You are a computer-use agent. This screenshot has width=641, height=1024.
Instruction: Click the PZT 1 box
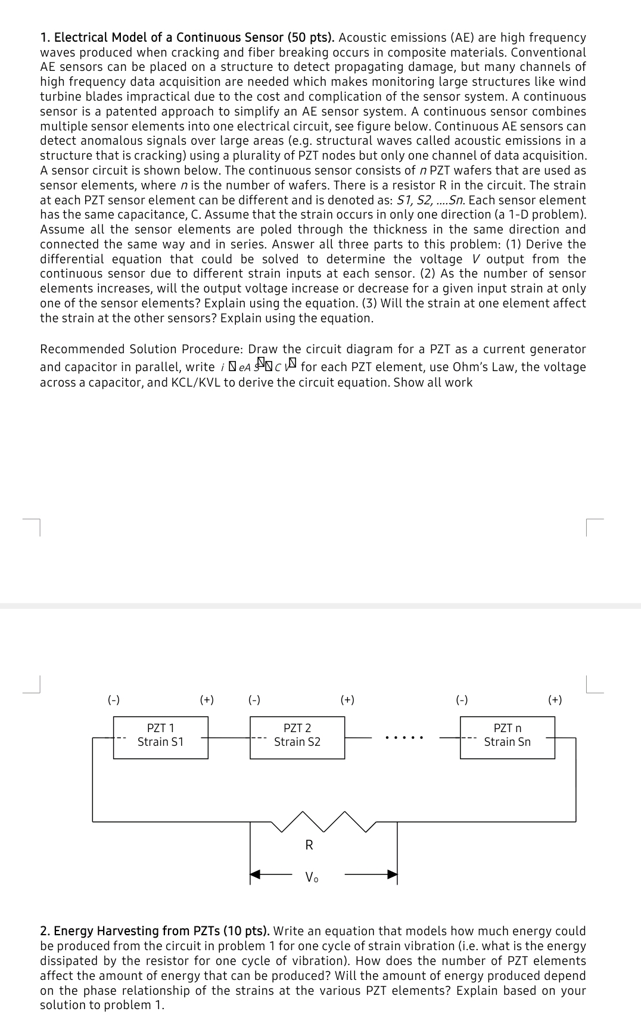[161, 737]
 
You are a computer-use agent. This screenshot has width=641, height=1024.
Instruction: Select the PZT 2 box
[297, 737]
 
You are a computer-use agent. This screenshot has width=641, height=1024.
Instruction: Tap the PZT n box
[507, 737]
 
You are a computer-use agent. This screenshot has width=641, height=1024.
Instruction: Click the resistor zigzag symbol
[324, 821]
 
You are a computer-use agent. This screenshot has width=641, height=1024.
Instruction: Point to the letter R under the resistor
[309, 845]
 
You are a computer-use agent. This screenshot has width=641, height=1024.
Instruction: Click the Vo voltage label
[311, 877]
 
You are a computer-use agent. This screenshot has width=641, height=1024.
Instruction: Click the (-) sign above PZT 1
[114, 700]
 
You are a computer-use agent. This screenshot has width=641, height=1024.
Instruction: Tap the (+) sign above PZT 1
[207, 700]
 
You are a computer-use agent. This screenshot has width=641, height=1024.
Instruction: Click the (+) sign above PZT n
[555, 700]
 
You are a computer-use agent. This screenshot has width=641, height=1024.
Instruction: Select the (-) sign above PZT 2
[254, 700]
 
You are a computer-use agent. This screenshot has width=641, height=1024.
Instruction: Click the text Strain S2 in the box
[297, 742]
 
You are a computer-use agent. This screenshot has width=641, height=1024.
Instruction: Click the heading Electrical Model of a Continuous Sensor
[194, 38]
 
